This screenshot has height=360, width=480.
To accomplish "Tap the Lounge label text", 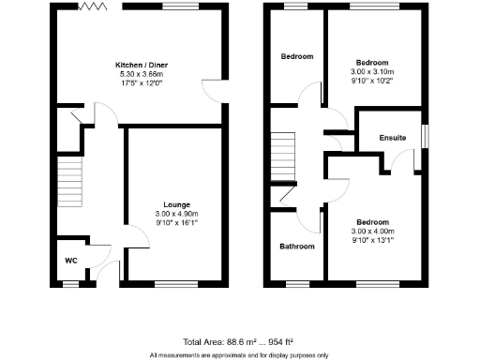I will [177, 204].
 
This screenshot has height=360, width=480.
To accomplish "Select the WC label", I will [70, 260].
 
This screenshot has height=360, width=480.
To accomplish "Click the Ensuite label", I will [393, 138].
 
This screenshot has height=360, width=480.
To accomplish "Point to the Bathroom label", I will [297, 247].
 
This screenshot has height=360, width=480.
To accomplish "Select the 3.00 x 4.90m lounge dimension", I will [177, 214].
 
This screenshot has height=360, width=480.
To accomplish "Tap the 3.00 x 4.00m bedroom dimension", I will [373, 231].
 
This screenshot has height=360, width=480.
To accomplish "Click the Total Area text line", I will [240, 342].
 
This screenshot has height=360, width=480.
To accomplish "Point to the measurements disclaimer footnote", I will [240, 354].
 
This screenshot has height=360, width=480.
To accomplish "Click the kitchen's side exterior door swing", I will [214, 92].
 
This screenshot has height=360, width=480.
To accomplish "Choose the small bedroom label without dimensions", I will [297, 56].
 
